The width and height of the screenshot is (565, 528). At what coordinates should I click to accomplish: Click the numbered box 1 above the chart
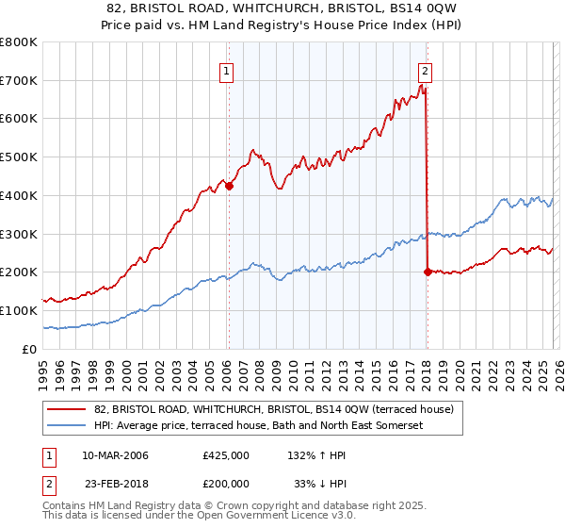228,69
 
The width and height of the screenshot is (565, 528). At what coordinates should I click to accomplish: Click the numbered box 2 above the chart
426,69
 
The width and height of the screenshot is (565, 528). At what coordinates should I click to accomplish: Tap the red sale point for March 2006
229,186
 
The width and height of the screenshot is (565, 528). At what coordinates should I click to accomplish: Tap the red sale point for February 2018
428,272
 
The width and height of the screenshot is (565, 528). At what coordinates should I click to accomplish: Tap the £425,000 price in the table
226,455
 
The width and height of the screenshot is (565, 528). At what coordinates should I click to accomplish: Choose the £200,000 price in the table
226,485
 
